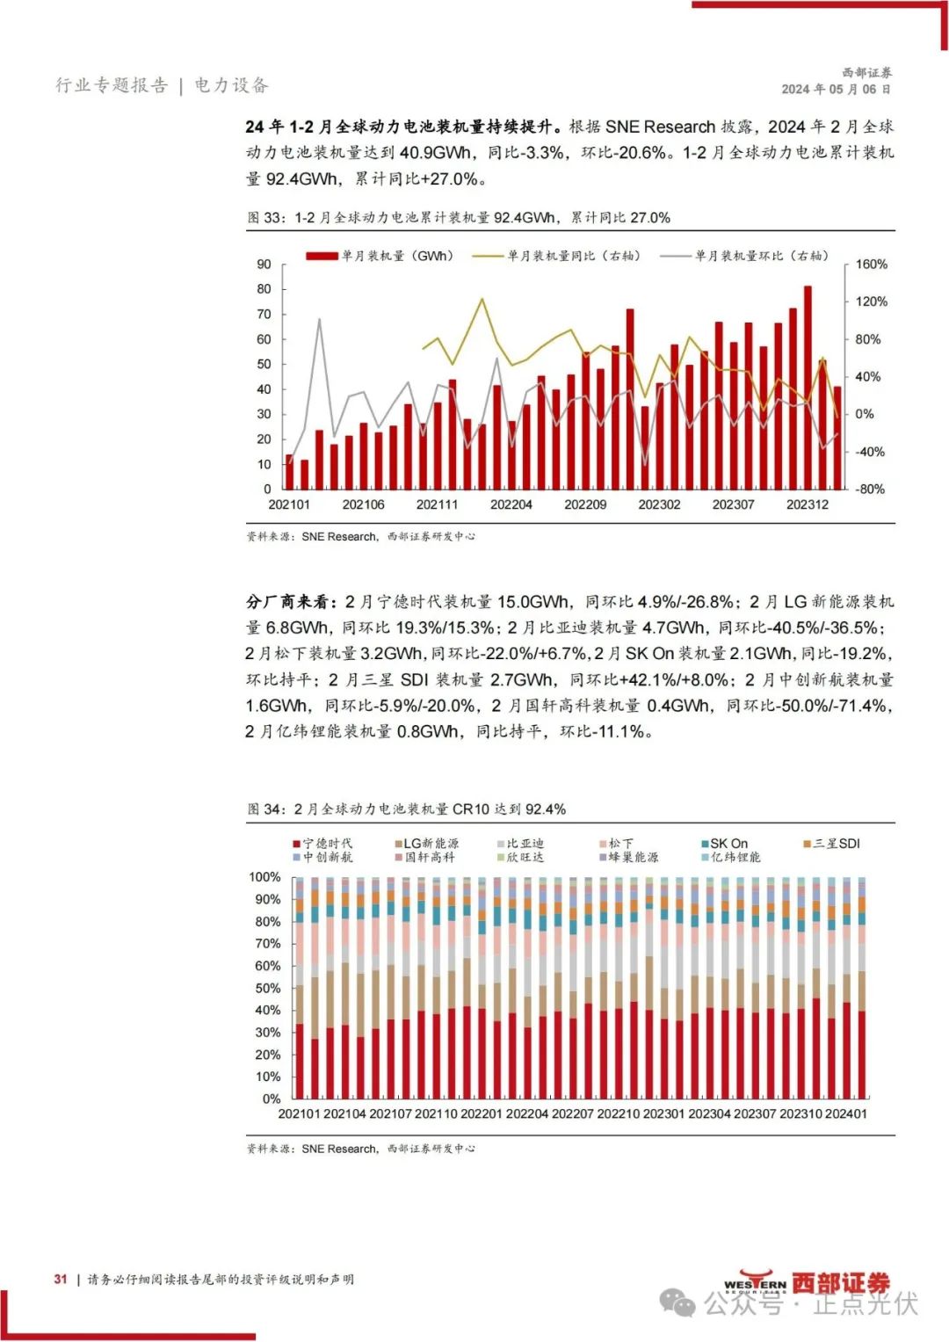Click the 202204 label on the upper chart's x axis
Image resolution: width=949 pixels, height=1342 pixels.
coord(511,504)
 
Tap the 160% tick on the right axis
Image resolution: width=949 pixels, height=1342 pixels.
coord(871,265)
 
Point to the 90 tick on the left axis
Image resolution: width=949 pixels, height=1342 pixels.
coord(264,265)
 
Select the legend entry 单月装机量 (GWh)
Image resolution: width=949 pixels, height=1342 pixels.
coord(380,256)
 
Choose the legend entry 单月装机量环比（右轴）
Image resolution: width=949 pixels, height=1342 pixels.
coord(746,256)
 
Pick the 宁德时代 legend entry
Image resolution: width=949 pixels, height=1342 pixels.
coord(322,844)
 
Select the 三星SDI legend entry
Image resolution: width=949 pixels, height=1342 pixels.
coord(831,844)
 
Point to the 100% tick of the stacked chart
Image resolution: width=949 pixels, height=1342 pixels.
coord(264,877)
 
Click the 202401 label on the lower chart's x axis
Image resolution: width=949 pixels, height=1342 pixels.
coord(845,1113)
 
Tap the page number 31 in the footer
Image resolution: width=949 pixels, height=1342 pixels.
coord(60,1279)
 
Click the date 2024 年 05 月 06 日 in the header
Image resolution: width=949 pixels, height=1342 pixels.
coord(836,89)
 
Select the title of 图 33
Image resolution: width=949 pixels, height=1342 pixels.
coord(459,217)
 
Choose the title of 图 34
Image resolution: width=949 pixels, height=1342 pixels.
coord(407,809)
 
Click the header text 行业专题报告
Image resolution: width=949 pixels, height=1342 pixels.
coord(111,85)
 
